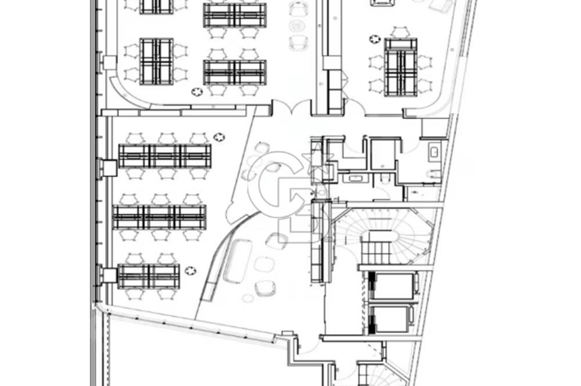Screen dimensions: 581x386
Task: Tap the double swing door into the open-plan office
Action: coord(291,106)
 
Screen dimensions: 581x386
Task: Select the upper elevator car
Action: coord(393,285)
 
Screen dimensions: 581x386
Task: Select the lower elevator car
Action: coord(391,319)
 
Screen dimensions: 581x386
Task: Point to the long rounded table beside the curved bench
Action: coord(238,260)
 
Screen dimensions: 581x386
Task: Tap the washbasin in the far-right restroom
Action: coord(434,152)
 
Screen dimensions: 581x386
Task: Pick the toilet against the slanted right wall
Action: coord(434,174)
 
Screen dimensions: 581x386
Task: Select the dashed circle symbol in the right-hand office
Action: coord(375,39)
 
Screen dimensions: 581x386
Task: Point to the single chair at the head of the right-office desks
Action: coord(401,32)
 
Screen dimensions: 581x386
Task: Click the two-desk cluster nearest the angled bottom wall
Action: coord(149,276)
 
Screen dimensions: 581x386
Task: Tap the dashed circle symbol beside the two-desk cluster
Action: coord(190,271)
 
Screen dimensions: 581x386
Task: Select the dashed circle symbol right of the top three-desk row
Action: coord(219,137)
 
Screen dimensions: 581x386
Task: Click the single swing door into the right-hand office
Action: coord(355,107)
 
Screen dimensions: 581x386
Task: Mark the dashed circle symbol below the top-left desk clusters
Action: coord(197,92)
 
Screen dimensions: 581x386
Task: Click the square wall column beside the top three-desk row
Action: coord(110,168)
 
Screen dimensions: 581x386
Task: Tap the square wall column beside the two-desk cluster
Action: coord(110,276)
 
